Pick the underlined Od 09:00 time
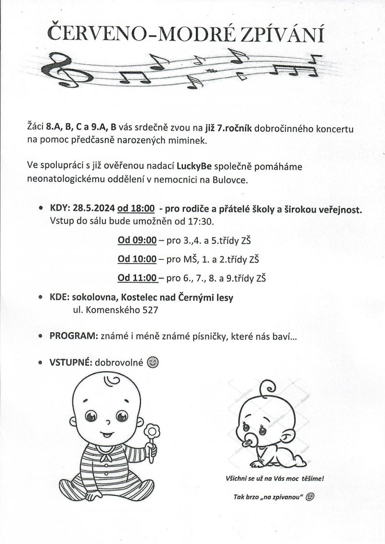[137, 240]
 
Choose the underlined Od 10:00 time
[137, 259]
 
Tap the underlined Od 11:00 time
[137, 278]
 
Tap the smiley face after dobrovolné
[153, 361]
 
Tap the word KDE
[60, 298]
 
